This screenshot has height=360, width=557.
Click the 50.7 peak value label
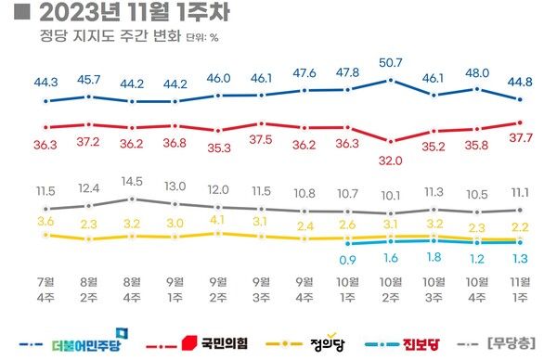391,63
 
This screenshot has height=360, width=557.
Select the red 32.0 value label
391,160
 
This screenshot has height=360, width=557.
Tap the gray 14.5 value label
132,181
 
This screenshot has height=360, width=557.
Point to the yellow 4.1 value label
218,221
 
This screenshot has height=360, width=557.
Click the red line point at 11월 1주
520,122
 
